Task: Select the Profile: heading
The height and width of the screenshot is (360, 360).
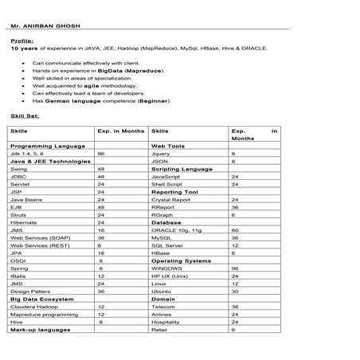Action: click(x=22, y=40)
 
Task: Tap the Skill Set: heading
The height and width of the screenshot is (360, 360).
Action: click(x=24, y=116)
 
